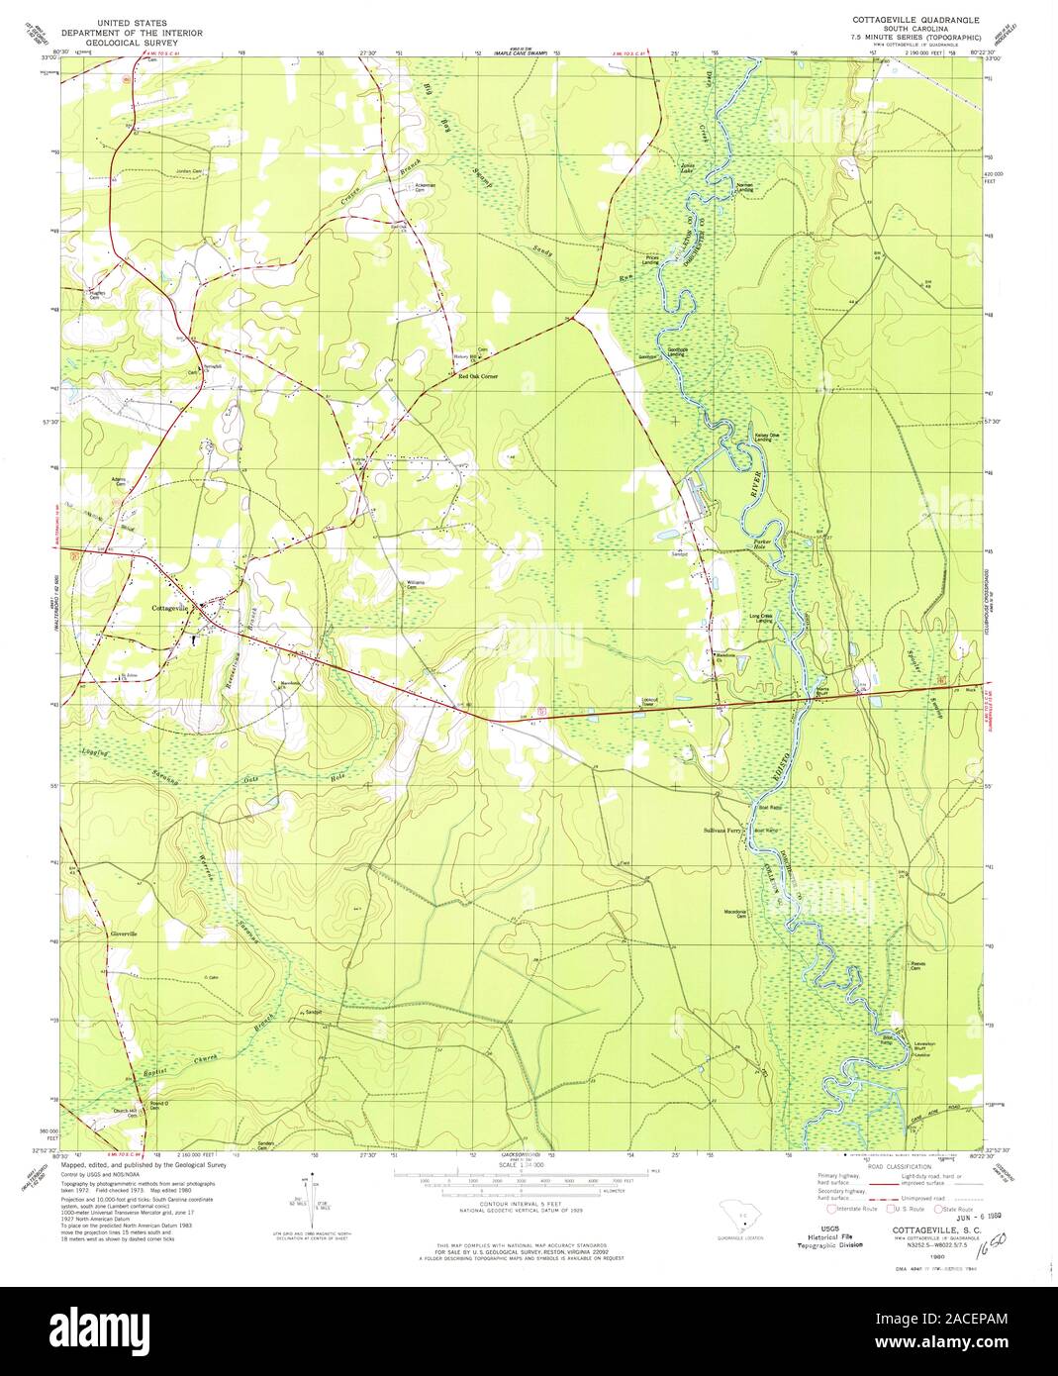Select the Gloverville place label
pos(104,934)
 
